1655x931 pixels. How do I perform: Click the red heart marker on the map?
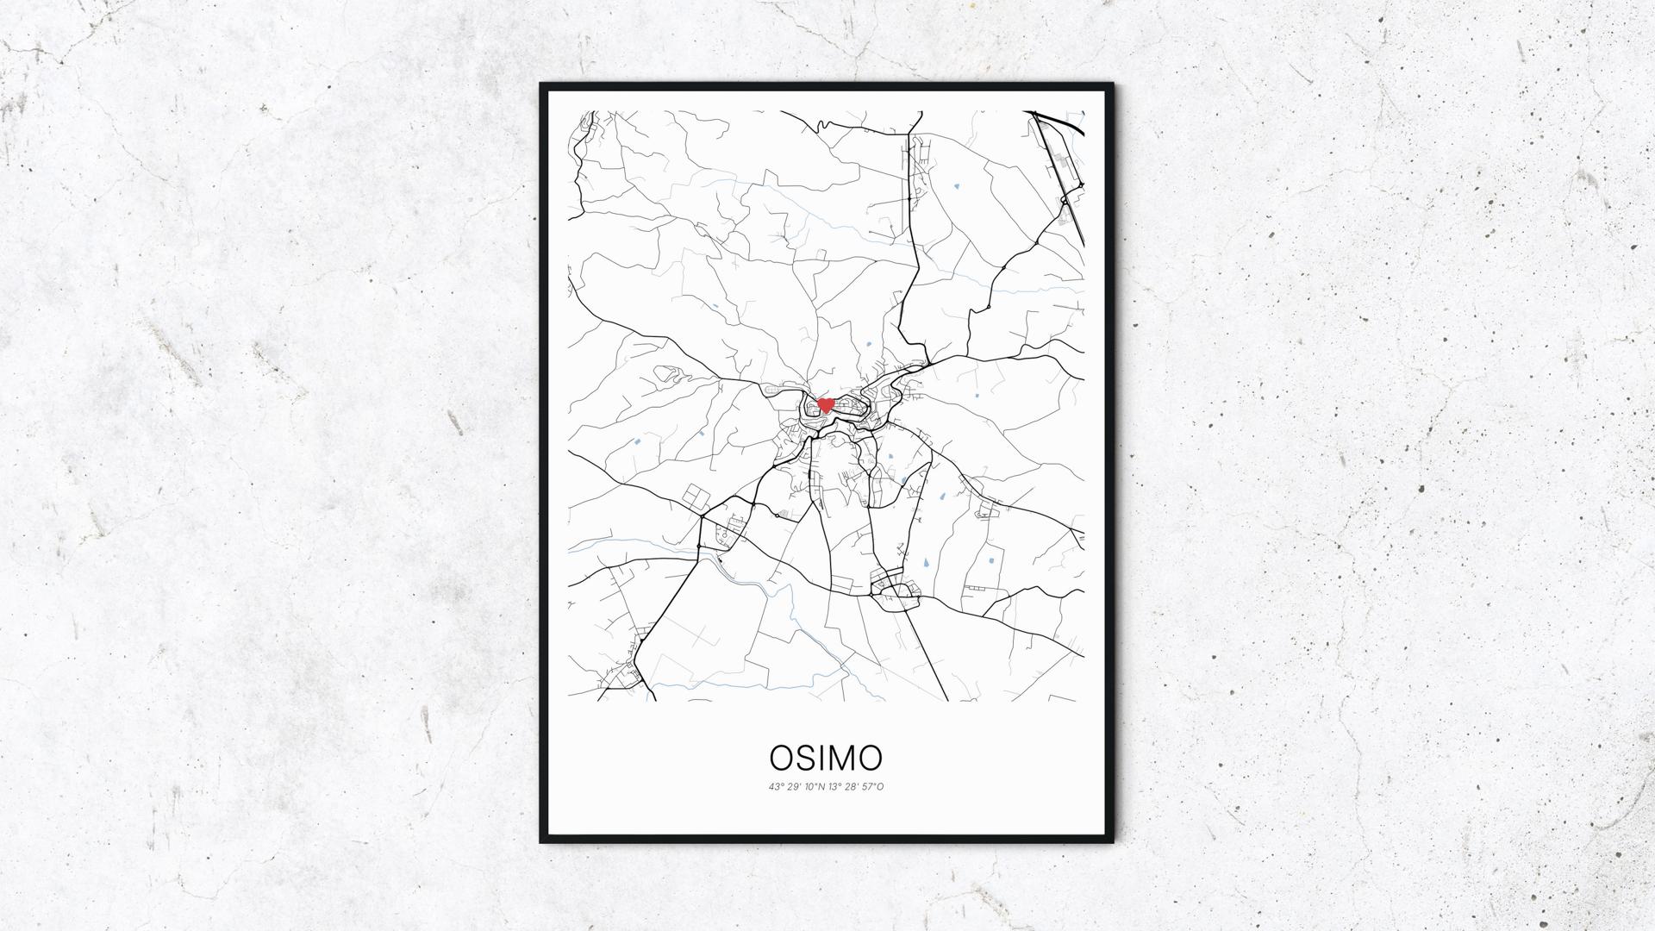coord(825,404)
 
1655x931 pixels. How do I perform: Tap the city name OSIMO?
coord(826,758)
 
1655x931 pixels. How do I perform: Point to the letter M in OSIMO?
coord(840,758)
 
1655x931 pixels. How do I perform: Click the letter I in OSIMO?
coord(821,758)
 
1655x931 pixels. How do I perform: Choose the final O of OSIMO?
coord(870,758)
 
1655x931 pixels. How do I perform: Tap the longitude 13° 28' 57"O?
coord(856,786)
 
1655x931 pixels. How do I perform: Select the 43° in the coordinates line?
coord(777,786)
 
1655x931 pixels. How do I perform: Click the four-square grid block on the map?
coord(695,497)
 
